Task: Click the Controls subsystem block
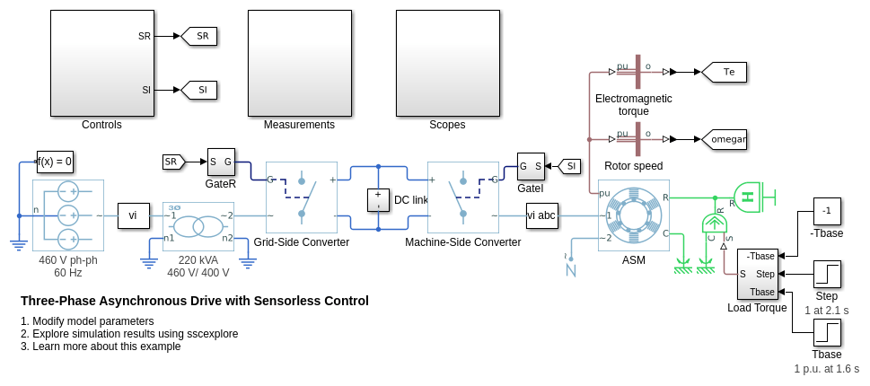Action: pos(101,63)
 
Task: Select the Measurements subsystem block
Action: pos(299,63)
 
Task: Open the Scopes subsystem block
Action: pos(447,63)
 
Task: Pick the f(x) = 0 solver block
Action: pos(55,162)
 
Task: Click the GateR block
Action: pos(221,162)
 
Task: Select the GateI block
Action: pos(531,166)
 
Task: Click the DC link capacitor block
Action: pos(378,199)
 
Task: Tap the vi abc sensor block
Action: pos(541,215)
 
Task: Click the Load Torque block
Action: pos(757,274)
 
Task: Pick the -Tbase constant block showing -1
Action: pos(827,211)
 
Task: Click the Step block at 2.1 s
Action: pos(827,274)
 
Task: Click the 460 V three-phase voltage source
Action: pos(68,215)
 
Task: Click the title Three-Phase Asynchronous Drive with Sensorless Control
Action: pos(195,301)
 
